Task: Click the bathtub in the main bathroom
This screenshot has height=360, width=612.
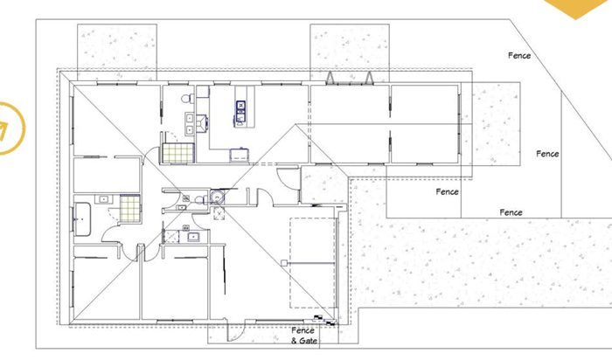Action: pyautogui.click(x=84, y=215)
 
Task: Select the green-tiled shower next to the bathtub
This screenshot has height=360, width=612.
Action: pyautogui.click(x=129, y=208)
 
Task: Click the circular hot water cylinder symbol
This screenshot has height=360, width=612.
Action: pyautogui.click(x=218, y=197)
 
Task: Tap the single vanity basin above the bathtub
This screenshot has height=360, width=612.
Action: pyautogui.click(x=103, y=199)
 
